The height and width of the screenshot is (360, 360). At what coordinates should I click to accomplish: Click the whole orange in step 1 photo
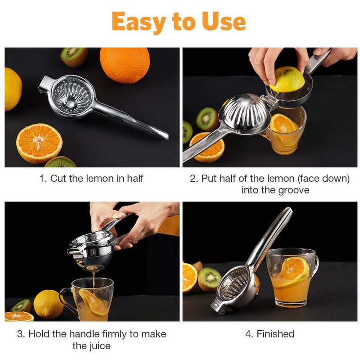point(125,65)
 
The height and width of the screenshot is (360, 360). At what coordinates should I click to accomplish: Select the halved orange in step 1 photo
point(39,143)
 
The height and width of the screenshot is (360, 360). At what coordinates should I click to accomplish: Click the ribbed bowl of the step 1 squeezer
point(72,97)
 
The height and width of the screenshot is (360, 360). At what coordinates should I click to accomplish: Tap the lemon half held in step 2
point(287,80)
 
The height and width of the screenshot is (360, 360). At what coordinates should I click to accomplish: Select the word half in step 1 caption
point(135,178)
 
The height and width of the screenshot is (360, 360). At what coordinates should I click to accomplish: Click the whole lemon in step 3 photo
point(48,304)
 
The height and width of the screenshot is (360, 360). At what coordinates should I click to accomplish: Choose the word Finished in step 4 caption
point(275,334)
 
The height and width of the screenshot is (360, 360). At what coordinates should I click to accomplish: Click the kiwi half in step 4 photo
point(209,279)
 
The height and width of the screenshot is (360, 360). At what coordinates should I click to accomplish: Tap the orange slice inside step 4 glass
point(293,271)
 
